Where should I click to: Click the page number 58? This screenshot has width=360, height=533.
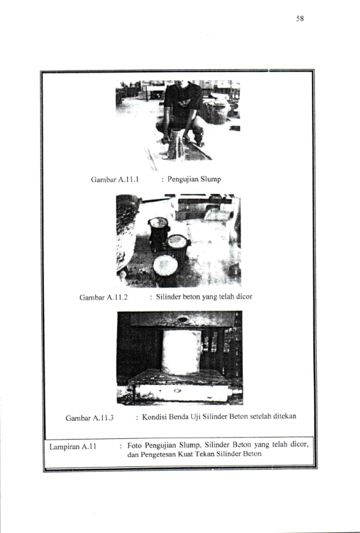click(300, 19)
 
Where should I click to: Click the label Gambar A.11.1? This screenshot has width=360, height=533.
click(115, 179)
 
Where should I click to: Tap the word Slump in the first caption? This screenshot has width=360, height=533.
click(211, 179)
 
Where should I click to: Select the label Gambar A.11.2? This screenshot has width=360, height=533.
click(103, 298)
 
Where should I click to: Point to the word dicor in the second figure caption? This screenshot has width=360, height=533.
click(244, 297)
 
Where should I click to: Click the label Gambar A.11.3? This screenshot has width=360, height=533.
click(89, 418)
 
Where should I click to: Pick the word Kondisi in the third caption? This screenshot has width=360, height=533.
click(155, 417)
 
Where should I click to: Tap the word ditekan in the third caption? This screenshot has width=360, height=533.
click(285, 416)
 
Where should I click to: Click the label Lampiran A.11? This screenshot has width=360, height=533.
click(73, 447)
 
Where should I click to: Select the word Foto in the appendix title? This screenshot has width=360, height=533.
click(135, 446)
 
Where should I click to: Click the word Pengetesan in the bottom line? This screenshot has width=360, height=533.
click(158, 455)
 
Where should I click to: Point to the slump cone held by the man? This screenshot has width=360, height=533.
click(177, 144)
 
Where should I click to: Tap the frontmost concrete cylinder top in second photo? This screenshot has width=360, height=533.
click(165, 265)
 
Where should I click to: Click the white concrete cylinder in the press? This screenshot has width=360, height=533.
click(181, 352)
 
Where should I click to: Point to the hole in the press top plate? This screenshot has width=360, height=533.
click(183, 320)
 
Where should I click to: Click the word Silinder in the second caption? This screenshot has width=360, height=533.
click(169, 297)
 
